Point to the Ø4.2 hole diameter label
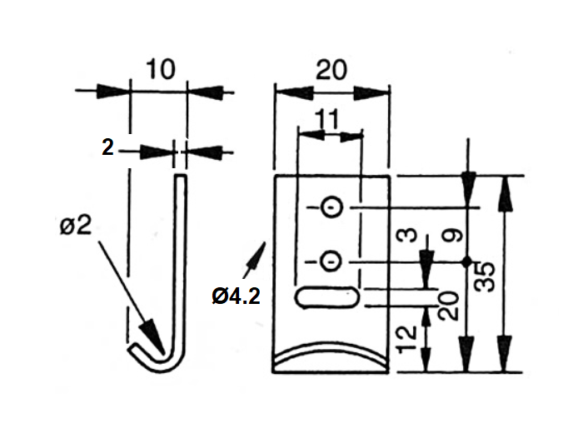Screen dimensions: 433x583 236,296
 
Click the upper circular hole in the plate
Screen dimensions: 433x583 331,207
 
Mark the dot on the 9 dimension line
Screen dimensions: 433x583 468,262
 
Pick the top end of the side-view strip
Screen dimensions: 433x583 180,177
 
